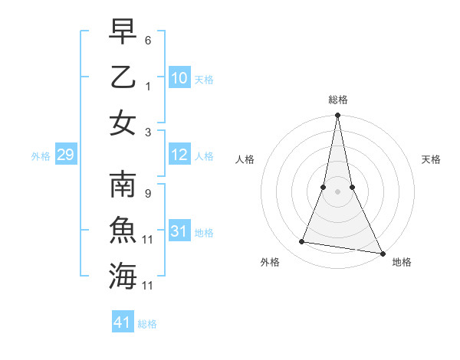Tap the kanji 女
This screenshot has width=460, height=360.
click(123, 123)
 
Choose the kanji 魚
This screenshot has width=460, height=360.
click(123, 231)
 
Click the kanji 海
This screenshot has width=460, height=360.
click(123, 277)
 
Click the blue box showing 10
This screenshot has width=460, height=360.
click(179, 78)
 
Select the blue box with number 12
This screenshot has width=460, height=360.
click(179, 155)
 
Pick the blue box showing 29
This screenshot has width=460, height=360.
click(66, 155)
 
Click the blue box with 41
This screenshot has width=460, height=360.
click(123, 322)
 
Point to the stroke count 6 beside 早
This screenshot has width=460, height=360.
click(148, 38)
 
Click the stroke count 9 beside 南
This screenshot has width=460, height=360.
click(148, 194)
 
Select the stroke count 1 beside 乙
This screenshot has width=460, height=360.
click(148, 86)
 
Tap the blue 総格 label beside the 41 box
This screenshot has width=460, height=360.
click(147, 324)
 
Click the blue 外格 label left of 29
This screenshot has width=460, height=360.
click(41, 156)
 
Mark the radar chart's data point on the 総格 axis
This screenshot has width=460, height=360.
click(337, 116)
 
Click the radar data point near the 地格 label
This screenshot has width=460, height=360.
click(383, 253)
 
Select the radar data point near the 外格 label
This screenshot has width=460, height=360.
click(302, 242)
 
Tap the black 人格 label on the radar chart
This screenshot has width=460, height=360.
click(245, 159)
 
